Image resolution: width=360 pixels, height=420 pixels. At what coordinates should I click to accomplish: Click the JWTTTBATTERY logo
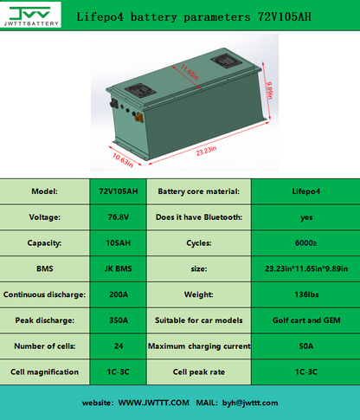30,16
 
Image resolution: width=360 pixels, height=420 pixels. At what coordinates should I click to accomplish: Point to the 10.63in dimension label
122,158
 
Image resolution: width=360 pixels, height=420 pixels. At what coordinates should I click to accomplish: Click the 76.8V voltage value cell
116,216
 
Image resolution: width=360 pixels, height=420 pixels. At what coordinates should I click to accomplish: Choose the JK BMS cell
116,268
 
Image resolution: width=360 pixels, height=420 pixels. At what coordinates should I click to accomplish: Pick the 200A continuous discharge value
116,294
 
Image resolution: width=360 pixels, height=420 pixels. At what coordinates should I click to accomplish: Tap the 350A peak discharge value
116,320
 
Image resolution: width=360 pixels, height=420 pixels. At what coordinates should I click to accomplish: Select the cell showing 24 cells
116,346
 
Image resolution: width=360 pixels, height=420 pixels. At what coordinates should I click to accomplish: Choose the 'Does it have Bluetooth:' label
197,216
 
